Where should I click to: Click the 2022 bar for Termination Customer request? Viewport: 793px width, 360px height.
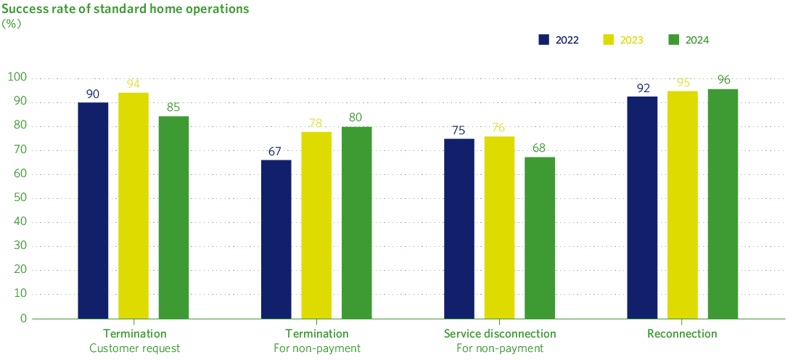93,210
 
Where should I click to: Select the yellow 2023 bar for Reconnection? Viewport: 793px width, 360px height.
682,205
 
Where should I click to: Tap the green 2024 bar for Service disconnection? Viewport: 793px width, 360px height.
540,237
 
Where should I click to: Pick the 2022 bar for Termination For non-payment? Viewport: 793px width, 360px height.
276,239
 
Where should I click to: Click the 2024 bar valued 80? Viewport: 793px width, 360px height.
356,222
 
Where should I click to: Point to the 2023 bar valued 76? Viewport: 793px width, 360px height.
499,227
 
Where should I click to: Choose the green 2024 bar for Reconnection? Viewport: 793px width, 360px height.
723,203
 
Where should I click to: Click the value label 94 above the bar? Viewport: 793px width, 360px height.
133,83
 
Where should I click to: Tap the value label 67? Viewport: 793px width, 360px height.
276,151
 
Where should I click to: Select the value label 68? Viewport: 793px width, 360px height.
540,148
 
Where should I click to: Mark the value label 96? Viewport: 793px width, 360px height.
723,80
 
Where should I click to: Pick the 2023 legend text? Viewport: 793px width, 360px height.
632,40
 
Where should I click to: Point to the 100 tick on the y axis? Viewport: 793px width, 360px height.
17,77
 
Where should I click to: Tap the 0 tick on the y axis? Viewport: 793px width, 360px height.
23,318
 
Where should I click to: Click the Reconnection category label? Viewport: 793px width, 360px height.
682,334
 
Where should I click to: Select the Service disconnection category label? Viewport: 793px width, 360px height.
499,334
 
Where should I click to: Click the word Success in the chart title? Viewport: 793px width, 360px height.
22,9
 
